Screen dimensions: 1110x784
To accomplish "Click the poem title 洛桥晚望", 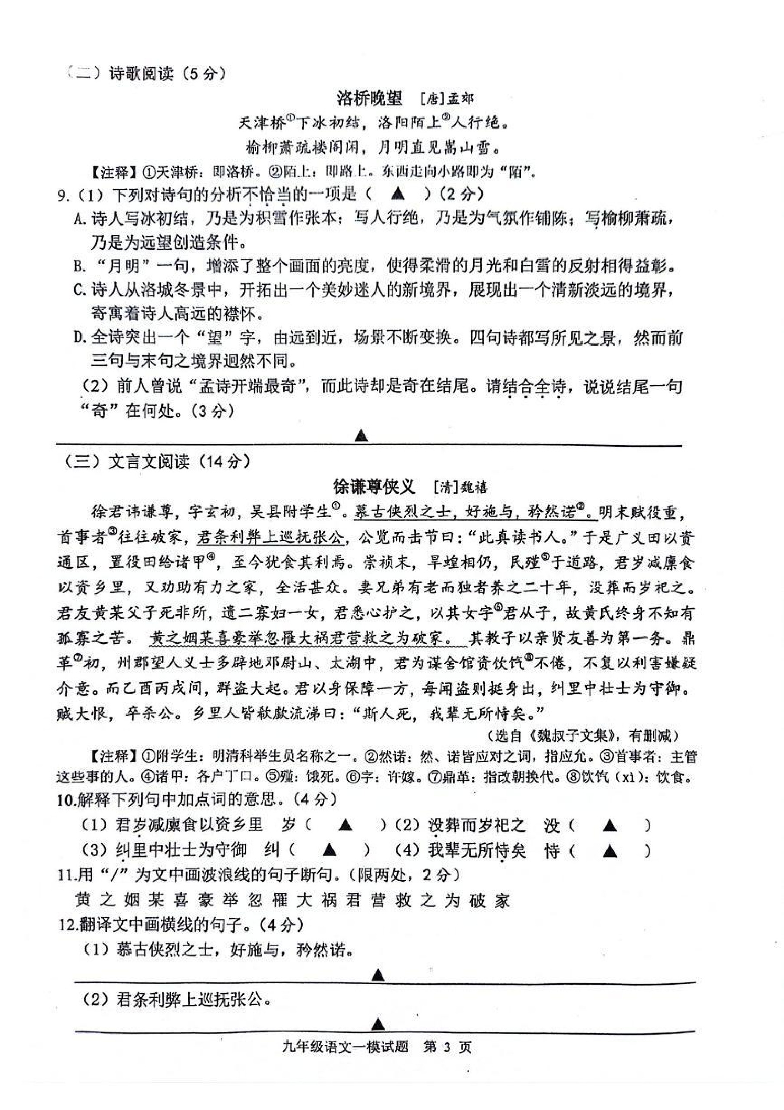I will pyautogui.click(x=369, y=99).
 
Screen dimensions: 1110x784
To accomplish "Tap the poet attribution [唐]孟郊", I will pyautogui.click(x=447, y=99).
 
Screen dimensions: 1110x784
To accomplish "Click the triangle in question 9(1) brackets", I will pyautogui.click(x=398, y=195).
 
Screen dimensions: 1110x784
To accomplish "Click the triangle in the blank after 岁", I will pyautogui.click(x=345, y=825).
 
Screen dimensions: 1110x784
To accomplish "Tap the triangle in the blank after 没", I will pyautogui.click(x=610, y=825).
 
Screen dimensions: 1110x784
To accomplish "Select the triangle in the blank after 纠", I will pyautogui.click(x=329, y=849).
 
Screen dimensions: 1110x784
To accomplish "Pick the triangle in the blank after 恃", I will pyautogui.click(x=610, y=849).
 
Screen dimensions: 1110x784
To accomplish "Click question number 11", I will pyautogui.click(x=64, y=875).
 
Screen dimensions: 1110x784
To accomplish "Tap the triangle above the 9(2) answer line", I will pyautogui.click(x=362, y=436).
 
